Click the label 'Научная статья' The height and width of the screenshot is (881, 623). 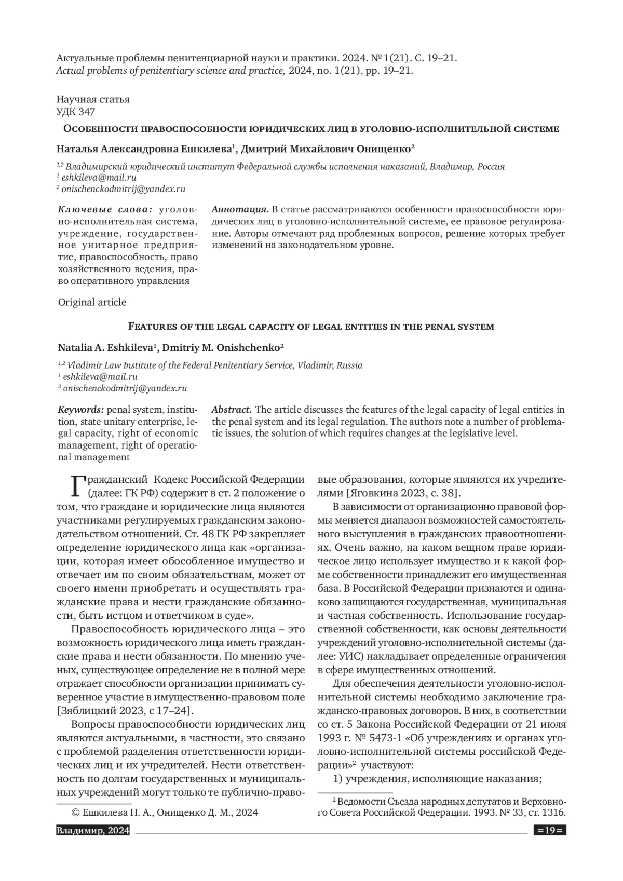coord(93,99)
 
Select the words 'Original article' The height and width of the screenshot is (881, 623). coord(92,302)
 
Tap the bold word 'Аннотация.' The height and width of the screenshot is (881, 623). coord(240,210)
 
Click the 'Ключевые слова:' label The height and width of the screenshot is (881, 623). coord(105,210)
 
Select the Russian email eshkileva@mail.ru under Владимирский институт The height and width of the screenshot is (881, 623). coord(99,178)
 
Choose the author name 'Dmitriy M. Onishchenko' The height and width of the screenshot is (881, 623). coord(223,348)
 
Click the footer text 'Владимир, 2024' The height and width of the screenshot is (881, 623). coord(93,831)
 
